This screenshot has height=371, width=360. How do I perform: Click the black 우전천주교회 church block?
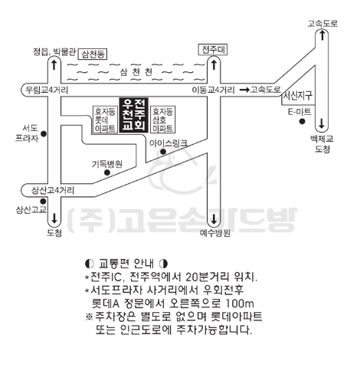(x=133, y=115)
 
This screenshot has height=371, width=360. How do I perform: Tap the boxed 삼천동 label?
(x=93, y=54)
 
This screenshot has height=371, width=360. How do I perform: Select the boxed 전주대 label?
(x=213, y=50)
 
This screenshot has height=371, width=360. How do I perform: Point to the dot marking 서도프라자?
(x=44, y=133)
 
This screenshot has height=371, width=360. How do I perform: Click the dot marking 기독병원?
(x=107, y=172)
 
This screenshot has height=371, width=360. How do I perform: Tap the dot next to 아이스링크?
(x=163, y=152)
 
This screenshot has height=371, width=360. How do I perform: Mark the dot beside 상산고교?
(x=44, y=202)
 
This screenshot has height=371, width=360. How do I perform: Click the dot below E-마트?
(x=302, y=121)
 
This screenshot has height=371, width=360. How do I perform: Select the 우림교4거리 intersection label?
(x=47, y=90)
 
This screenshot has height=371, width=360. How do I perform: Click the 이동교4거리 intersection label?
(x=213, y=90)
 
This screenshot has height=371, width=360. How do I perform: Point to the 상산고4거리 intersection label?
(x=53, y=190)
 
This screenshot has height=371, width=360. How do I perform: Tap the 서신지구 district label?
(x=297, y=96)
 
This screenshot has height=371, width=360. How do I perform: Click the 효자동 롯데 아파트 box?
(x=105, y=120)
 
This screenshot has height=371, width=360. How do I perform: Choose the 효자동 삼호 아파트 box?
(x=163, y=120)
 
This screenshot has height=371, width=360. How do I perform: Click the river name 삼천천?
(x=136, y=72)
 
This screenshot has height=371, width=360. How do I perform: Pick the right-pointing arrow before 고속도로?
(x=244, y=90)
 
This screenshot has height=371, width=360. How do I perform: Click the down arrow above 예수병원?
(x=214, y=219)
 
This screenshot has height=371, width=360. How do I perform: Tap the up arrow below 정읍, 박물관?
(x=54, y=65)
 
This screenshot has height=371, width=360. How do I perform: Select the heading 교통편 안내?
(x=126, y=264)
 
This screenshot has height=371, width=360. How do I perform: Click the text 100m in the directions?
(x=240, y=304)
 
